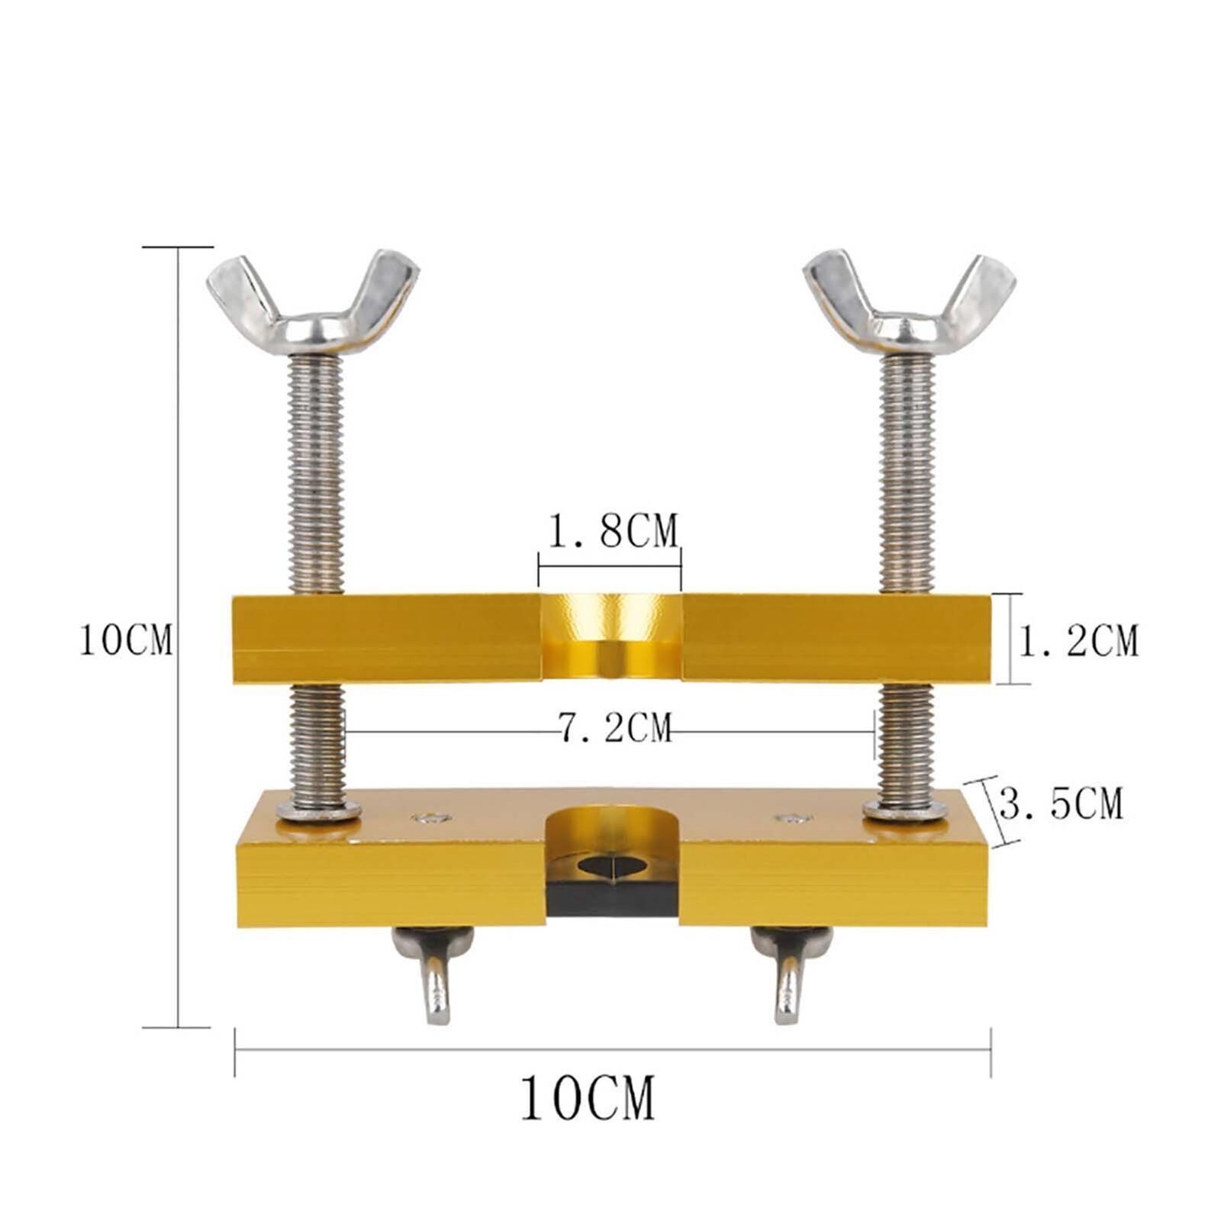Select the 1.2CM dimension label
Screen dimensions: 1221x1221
coord(1078,640)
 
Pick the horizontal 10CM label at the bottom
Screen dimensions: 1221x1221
coord(588,1097)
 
